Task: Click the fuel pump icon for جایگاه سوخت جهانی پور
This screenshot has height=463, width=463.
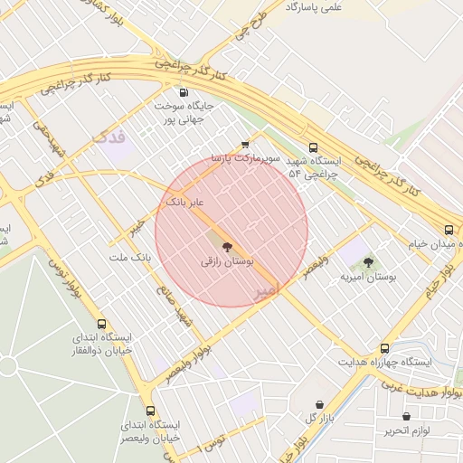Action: (184, 92)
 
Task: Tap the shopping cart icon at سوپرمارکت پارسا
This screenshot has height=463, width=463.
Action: (245, 144)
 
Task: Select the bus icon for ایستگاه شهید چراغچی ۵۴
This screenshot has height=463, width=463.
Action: (314, 147)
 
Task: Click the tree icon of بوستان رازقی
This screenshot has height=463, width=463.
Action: (226, 246)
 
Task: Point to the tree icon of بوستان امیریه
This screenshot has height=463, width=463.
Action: (368, 262)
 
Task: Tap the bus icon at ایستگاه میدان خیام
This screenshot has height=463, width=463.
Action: (449, 229)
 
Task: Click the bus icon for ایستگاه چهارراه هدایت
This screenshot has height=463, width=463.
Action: (384, 347)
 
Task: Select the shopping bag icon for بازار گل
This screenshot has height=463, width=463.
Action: (319, 404)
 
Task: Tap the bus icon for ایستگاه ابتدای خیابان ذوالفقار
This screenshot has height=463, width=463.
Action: (101, 324)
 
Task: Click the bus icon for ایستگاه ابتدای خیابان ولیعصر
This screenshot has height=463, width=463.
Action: (150, 411)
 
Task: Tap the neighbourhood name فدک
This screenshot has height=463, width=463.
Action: (109, 137)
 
